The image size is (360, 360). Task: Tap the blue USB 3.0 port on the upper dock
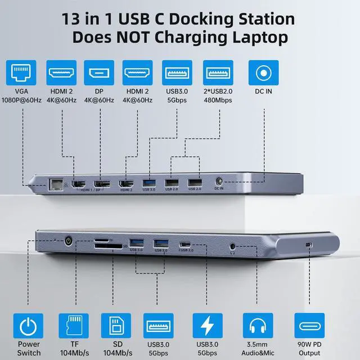click(x=150, y=183)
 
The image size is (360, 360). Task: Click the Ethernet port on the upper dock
click(x=56, y=183)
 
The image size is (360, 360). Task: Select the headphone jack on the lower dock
click(x=233, y=245)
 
